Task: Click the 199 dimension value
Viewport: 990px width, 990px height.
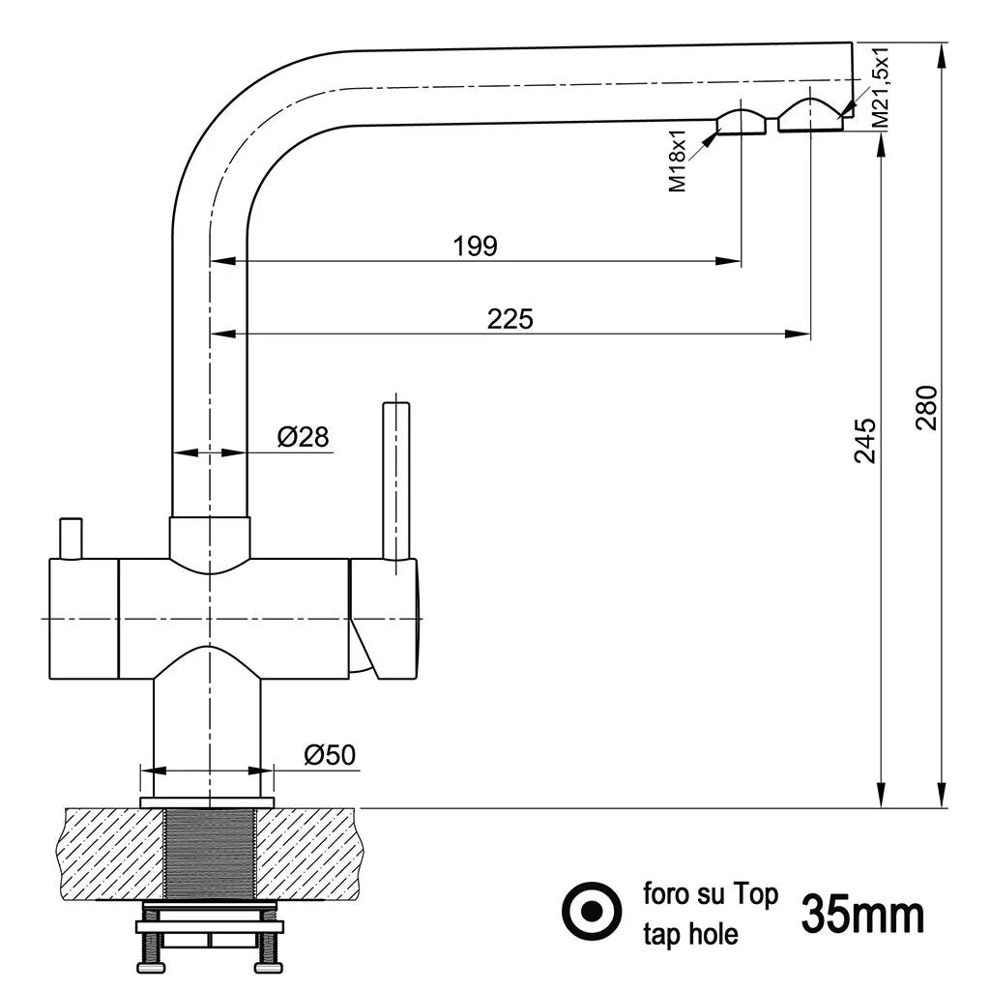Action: point(475,246)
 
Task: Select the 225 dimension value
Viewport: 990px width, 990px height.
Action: point(510,318)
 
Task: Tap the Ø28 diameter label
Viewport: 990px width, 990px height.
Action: point(303,437)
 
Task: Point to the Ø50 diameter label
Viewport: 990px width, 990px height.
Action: point(328,755)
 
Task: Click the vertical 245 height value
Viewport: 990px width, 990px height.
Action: point(864,440)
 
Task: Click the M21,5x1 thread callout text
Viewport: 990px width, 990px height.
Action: point(881,87)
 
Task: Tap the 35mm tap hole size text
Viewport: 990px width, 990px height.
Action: point(862,915)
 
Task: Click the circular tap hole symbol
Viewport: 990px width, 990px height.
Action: point(592,911)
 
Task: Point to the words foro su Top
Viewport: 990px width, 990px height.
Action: point(710,894)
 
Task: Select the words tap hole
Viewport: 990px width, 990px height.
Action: point(690,934)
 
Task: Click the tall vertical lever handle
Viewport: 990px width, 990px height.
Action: point(395,479)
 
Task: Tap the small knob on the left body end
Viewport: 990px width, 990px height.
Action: point(71,538)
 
